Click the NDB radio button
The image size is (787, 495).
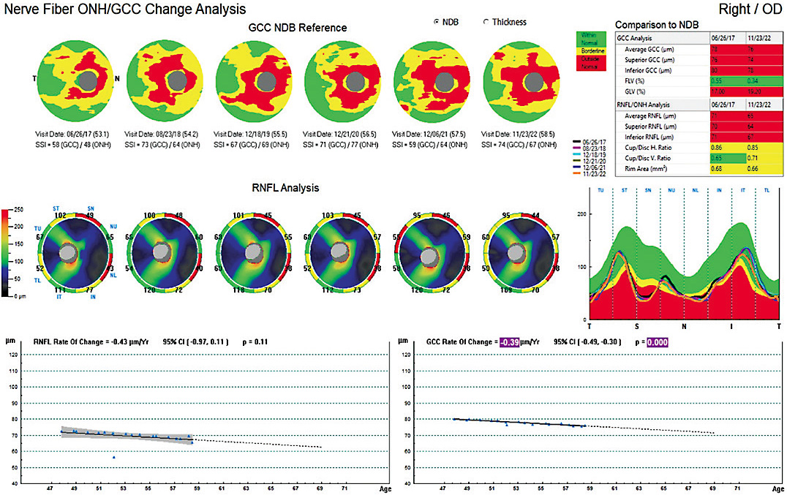click(437, 22)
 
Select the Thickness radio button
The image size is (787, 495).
click(486, 22)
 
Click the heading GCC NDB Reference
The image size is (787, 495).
click(298, 28)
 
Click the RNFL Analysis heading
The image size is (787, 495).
click(285, 188)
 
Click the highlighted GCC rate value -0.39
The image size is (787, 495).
click(510, 342)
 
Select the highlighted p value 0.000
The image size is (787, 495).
click(656, 342)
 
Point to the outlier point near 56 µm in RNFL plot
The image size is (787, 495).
click(113, 457)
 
